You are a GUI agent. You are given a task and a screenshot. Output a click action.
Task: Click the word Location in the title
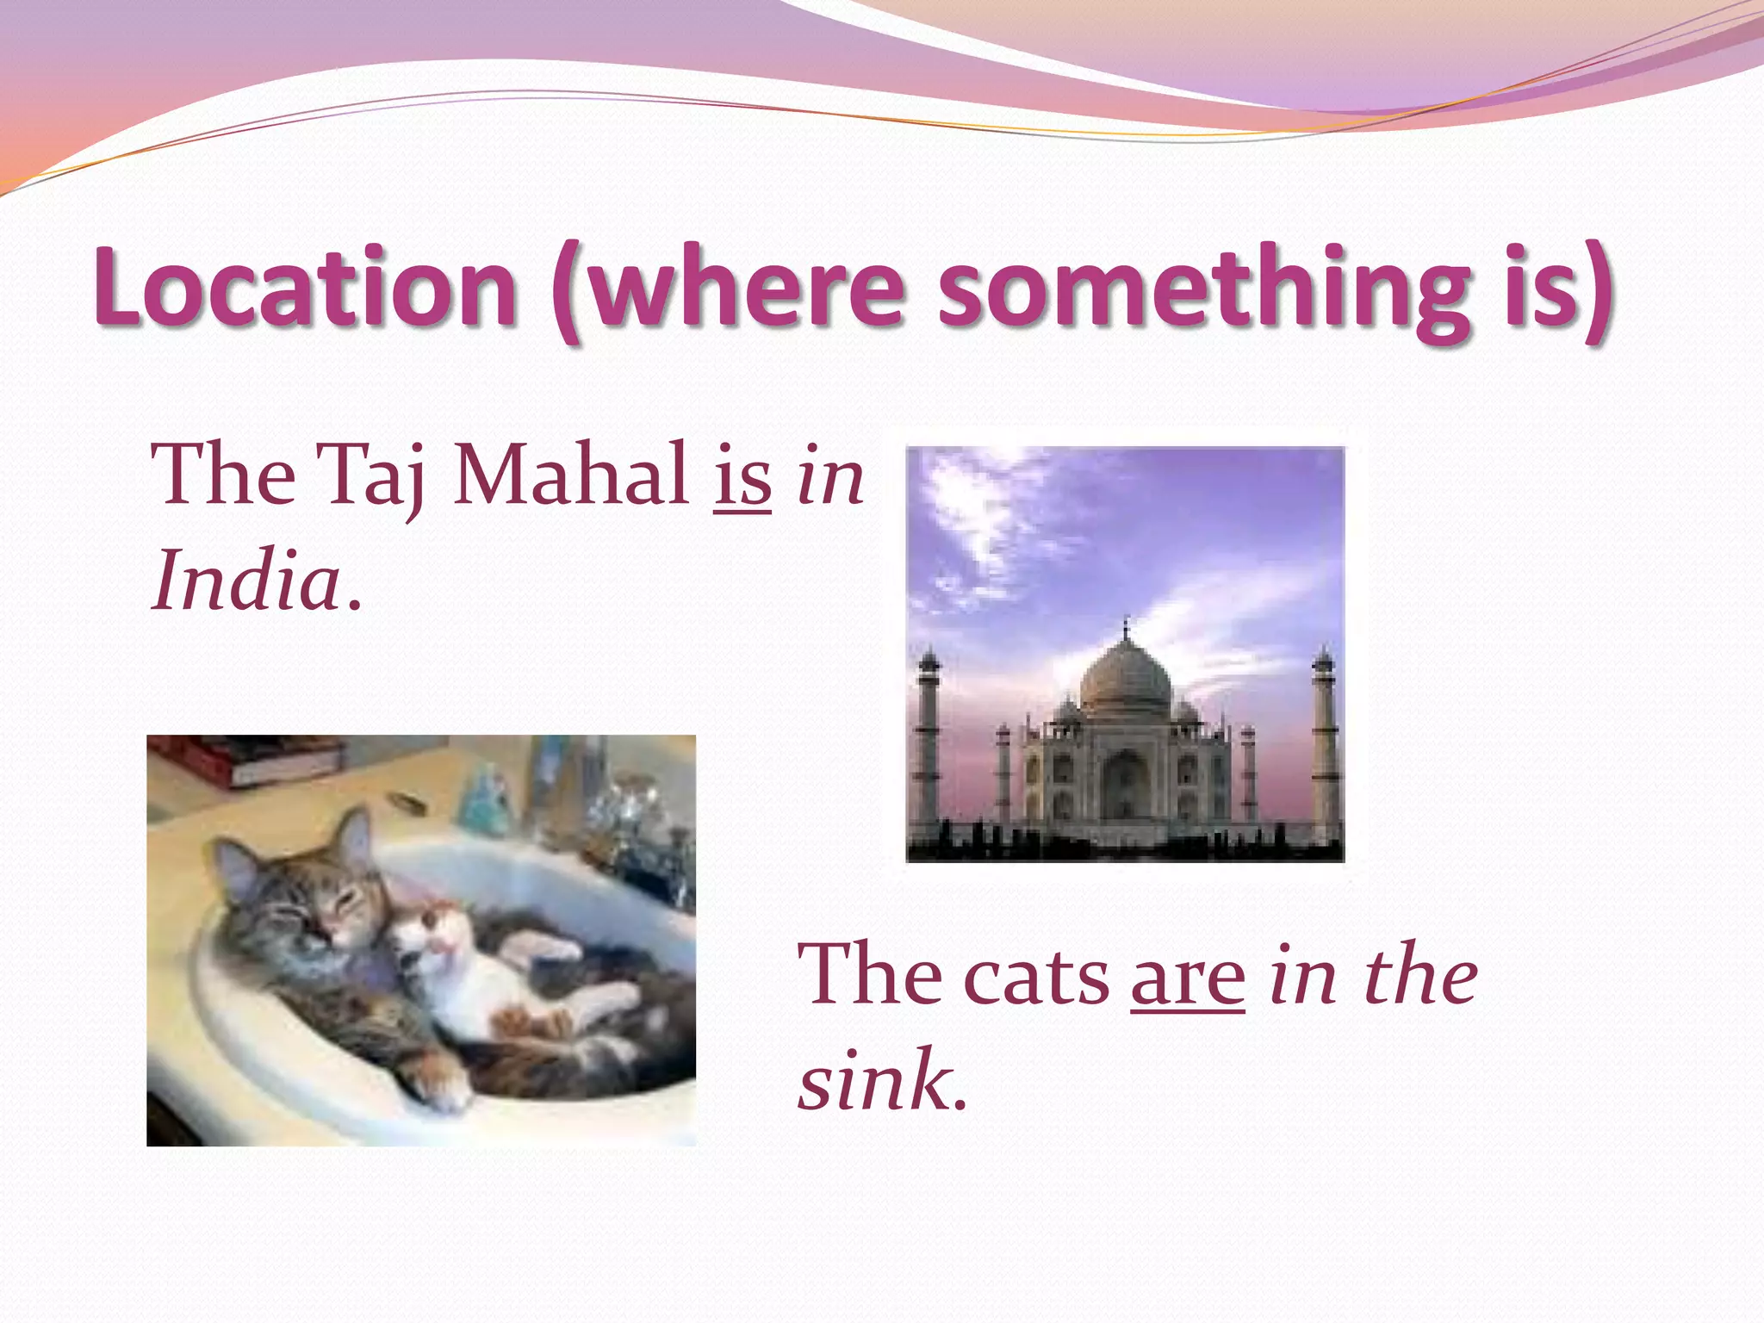306,286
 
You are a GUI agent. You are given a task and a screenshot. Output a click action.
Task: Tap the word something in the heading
1204,289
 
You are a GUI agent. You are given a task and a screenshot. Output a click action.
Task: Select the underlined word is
742,476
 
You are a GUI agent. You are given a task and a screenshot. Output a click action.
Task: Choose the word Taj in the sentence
371,476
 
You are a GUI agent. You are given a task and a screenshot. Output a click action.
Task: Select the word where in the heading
745,289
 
